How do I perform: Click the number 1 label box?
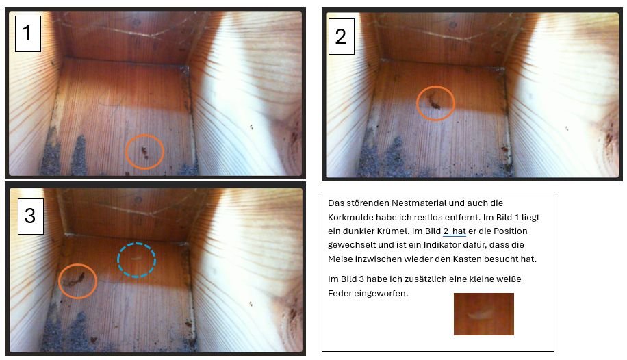coord(28,34)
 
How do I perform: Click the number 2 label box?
coord(341,36)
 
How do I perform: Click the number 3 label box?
coord(30,216)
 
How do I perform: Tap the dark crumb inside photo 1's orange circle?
coord(144,152)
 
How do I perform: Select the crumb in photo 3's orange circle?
coord(77,280)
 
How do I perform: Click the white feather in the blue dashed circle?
coord(137,258)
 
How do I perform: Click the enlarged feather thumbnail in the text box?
coord(483,314)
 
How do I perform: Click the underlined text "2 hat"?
coord(455,231)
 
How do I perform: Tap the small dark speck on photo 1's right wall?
coord(251,127)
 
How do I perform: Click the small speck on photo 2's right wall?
coord(566,129)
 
